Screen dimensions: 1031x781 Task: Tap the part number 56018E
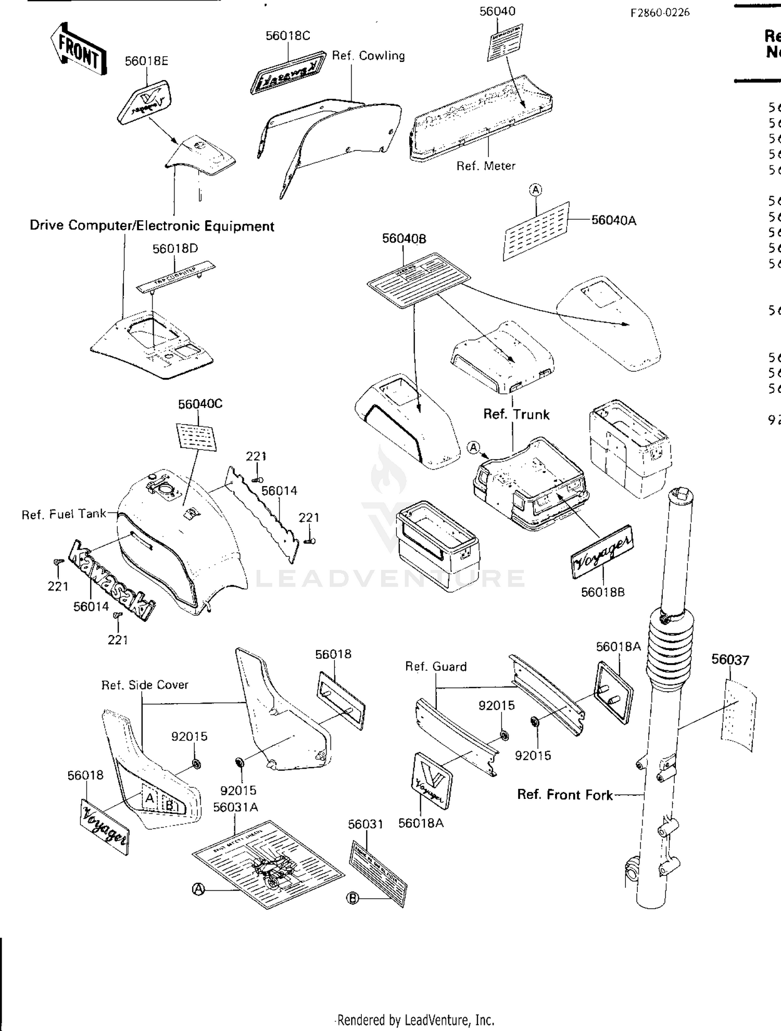tap(146, 61)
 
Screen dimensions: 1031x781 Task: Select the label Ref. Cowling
tap(368, 56)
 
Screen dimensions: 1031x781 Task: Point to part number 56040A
tap(613, 221)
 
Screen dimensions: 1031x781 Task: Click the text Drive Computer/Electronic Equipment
tap(152, 226)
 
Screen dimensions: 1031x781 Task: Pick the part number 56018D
tap(175, 249)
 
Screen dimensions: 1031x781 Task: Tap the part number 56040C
tap(200, 404)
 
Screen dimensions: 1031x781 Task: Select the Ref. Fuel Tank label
tap(64, 514)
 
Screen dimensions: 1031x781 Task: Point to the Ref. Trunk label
tap(516, 414)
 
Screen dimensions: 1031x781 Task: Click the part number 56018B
tap(602, 592)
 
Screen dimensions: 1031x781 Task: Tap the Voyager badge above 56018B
tap(602, 552)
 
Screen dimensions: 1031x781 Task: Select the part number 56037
tap(730, 660)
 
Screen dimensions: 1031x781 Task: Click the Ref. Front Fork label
tap(564, 795)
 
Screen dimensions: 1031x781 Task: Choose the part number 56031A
tap(235, 807)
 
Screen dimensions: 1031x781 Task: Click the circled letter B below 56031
tap(353, 898)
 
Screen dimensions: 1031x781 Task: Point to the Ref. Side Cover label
tap(145, 685)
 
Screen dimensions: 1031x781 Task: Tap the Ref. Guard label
tap(435, 667)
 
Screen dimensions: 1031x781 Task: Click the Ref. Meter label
tap(485, 166)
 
